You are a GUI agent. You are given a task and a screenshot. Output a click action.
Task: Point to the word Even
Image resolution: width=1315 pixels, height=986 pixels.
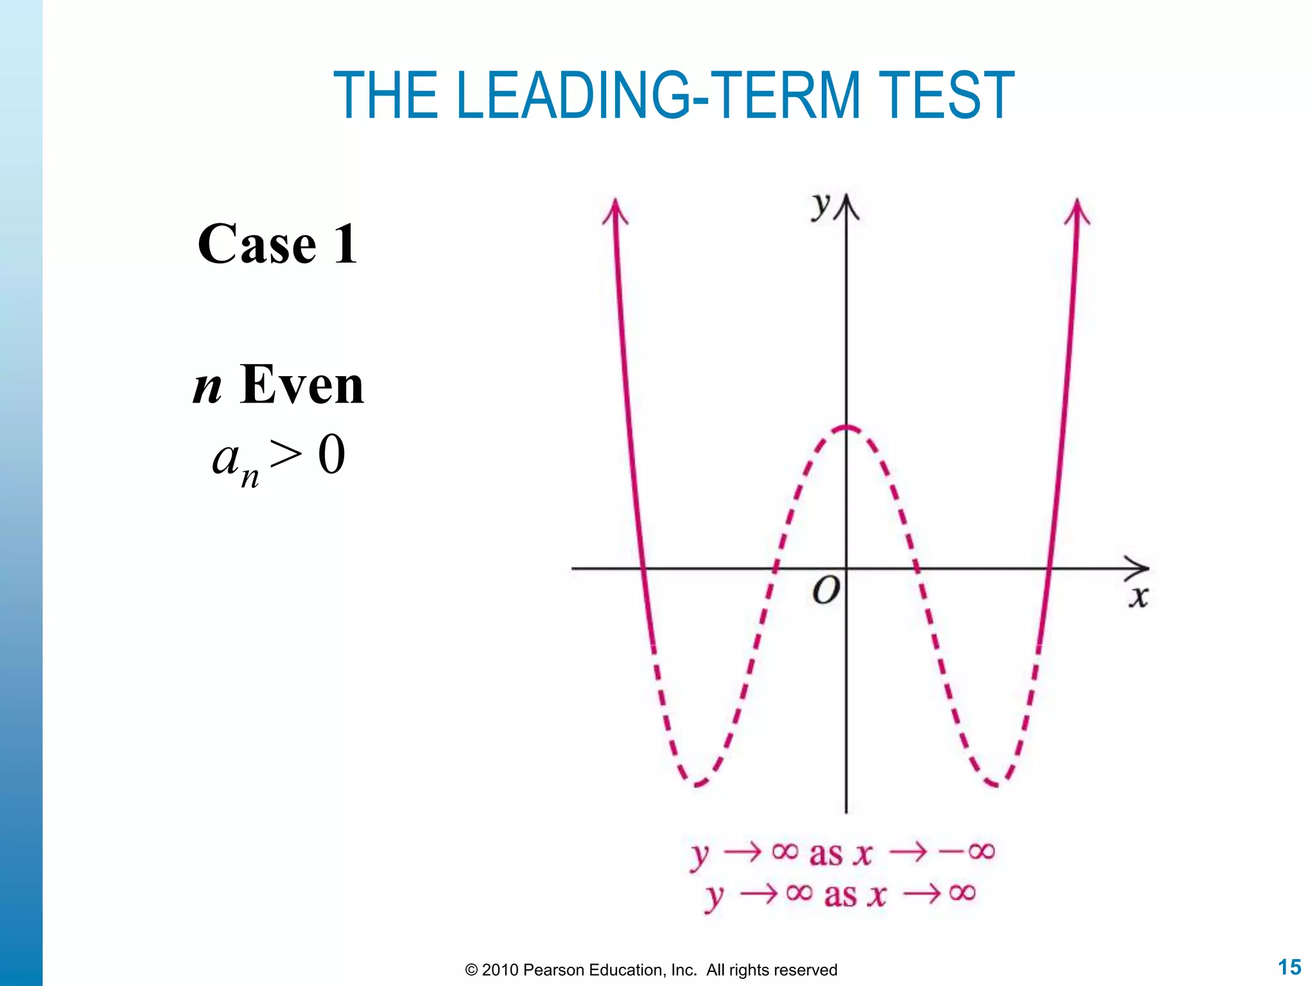[x=302, y=385]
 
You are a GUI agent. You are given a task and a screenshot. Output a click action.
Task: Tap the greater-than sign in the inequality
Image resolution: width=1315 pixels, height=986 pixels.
[x=286, y=454]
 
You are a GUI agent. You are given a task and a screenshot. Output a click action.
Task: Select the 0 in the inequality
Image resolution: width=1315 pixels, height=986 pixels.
[x=331, y=454]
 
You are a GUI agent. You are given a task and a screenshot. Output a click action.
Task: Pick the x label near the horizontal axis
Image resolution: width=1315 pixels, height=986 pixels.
[x=1138, y=597]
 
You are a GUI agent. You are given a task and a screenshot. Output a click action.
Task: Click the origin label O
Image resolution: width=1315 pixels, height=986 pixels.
[x=826, y=590]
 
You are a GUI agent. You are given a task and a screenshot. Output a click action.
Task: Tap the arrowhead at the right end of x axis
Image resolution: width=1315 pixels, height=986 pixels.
[x=1140, y=567]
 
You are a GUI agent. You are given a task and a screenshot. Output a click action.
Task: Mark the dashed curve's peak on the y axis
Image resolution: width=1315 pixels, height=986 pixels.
[x=846, y=427]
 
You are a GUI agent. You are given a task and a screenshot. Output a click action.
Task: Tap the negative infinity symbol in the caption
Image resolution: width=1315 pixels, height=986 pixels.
[x=967, y=852]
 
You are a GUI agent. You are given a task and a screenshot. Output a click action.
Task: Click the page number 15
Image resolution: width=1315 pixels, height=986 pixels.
[x=1289, y=967]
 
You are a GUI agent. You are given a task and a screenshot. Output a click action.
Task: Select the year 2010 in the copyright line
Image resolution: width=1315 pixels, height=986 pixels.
[x=500, y=970]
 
